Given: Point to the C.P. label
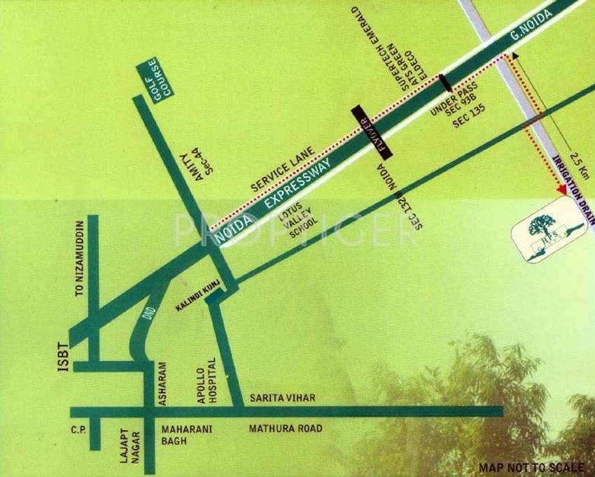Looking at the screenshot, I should (x=78, y=429).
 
